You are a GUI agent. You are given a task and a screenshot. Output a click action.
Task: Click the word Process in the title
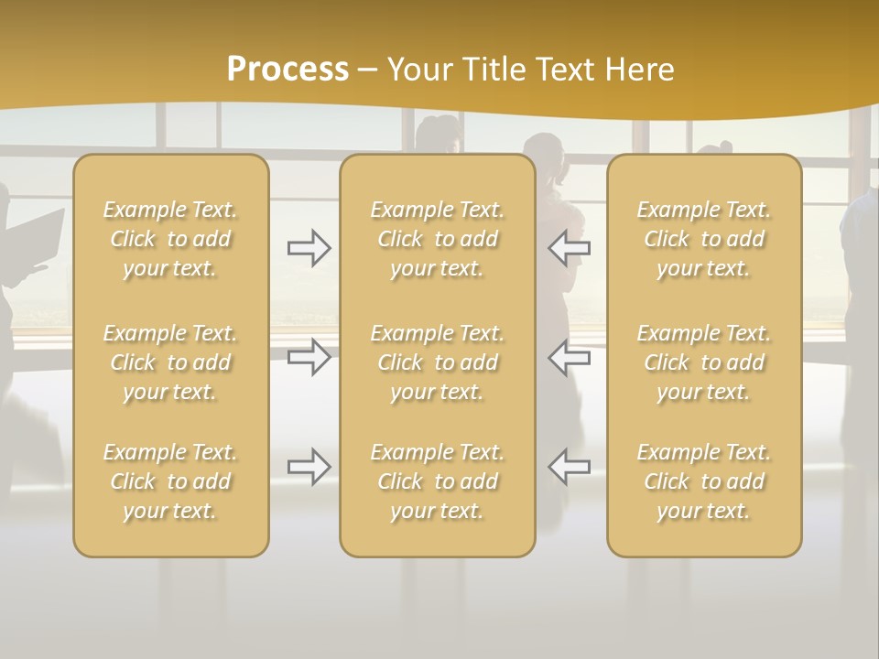pyautogui.click(x=288, y=70)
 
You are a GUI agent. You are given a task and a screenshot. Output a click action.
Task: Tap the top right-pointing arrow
pyautogui.click(x=309, y=248)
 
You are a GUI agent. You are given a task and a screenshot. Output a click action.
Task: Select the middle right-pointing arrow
pyautogui.click(x=309, y=357)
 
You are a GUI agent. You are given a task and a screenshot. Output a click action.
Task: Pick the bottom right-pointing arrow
pyautogui.click(x=309, y=467)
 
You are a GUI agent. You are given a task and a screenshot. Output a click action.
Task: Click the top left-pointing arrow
pyautogui.click(x=570, y=248)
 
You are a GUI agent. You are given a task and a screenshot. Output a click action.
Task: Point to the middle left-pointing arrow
pyautogui.click(x=570, y=357)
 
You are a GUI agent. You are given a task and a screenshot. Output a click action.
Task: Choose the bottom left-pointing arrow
pyautogui.click(x=570, y=467)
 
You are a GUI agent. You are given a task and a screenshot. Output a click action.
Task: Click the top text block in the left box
pyautogui.click(x=170, y=239)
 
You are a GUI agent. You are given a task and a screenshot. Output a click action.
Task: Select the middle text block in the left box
pyautogui.click(x=170, y=362)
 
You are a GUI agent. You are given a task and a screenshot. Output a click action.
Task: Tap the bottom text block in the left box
pyautogui.click(x=170, y=481)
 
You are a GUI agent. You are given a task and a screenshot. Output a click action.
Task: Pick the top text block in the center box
pyautogui.click(x=438, y=239)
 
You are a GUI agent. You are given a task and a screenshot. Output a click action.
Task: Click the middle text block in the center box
pyautogui.click(x=438, y=362)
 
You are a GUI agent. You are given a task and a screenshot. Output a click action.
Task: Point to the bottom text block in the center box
pyautogui.click(x=438, y=481)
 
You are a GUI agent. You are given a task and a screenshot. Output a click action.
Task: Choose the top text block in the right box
pyautogui.click(x=704, y=239)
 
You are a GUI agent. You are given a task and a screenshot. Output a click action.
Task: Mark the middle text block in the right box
pyautogui.click(x=704, y=362)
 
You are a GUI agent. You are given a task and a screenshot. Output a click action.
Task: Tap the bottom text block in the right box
pyautogui.click(x=704, y=481)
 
